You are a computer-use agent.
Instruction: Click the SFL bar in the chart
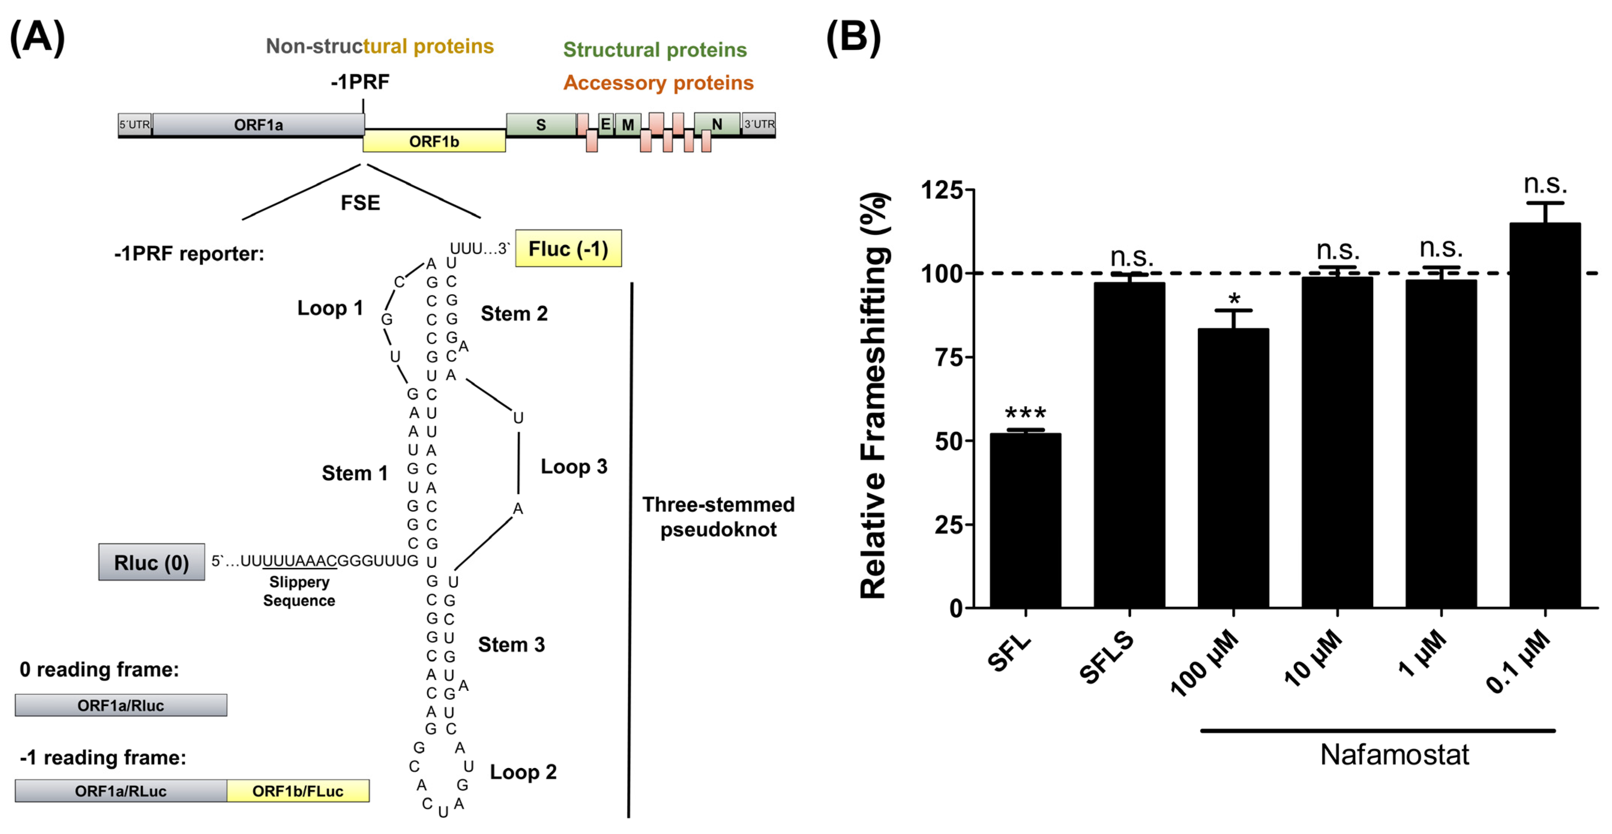point(1025,519)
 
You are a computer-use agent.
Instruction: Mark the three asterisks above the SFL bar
point(1025,413)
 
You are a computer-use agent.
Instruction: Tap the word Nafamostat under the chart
point(1394,755)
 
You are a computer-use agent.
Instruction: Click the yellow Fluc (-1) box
point(568,249)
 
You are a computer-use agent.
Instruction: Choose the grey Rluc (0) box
point(151,563)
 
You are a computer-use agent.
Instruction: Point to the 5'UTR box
point(135,124)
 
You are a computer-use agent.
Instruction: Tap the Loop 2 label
point(523,772)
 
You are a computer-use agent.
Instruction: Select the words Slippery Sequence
point(299,591)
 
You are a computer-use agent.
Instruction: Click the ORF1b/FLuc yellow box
point(298,791)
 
